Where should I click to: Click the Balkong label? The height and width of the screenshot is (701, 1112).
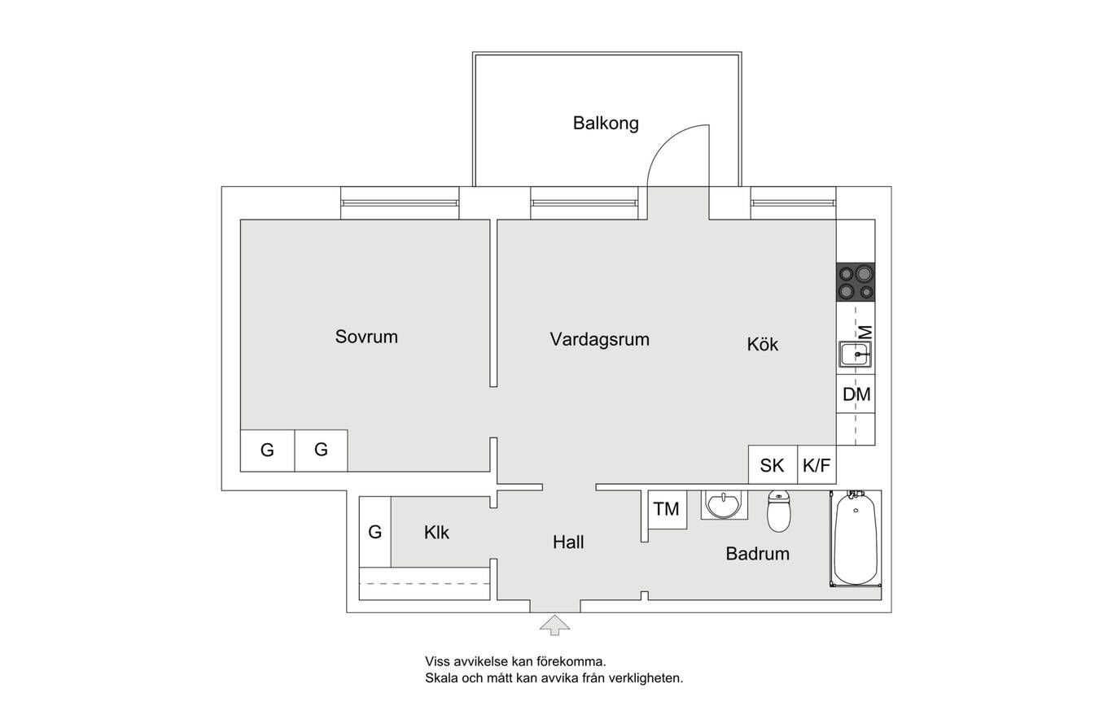tap(606, 124)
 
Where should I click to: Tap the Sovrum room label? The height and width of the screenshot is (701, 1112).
tap(366, 337)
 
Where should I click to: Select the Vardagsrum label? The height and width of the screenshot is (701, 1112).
tap(599, 339)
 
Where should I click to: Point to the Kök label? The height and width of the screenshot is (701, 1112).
tap(763, 345)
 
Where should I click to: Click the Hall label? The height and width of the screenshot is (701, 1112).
tap(568, 542)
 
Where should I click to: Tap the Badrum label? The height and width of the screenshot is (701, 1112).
tap(757, 555)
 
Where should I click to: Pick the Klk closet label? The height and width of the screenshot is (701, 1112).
tap(436, 533)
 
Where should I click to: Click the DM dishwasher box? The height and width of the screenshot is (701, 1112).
tap(856, 394)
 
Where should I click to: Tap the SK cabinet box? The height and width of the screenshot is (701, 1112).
tap(773, 465)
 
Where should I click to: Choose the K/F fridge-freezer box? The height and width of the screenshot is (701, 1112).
tap(816, 465)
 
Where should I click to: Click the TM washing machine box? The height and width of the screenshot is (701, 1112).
tap(666, 509)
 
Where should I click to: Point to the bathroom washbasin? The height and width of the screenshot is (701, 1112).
tap(724, 505)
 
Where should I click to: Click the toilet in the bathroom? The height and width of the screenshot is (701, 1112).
tap(779, 512)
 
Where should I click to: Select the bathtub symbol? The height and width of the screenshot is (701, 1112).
tap(855, 538)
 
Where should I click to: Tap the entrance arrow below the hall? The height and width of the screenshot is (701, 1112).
tap(555, 625)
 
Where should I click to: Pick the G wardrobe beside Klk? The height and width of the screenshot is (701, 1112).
tap(374, 532)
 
